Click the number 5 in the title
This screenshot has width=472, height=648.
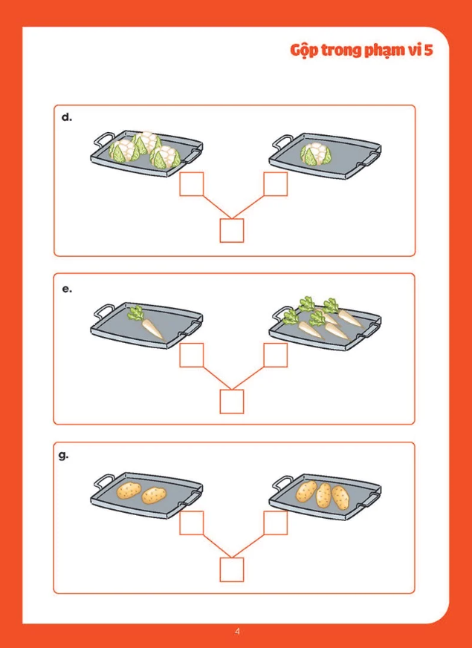(428, 50)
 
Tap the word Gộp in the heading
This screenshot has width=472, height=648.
(304, 50)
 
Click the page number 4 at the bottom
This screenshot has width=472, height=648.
(237, 631)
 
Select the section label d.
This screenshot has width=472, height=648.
(67, 117)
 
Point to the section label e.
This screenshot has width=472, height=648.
(67, 289)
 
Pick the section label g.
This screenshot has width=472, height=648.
(64, 456)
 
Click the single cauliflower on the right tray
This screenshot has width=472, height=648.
(317, 154)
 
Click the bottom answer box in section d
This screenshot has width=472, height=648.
(232, 230)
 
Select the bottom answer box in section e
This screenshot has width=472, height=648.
(232, 402)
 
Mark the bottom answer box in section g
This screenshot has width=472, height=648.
(232, 569)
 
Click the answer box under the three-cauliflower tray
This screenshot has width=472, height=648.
(192, 184)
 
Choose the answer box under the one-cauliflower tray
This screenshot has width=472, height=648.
(276, 184)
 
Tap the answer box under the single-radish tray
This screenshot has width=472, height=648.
(192, 355)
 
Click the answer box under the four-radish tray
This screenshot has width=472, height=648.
(276, 355)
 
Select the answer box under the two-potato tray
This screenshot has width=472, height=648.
(192, 523)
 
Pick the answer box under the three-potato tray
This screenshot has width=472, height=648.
(276, 523)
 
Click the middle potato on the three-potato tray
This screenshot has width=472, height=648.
(323, 495)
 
